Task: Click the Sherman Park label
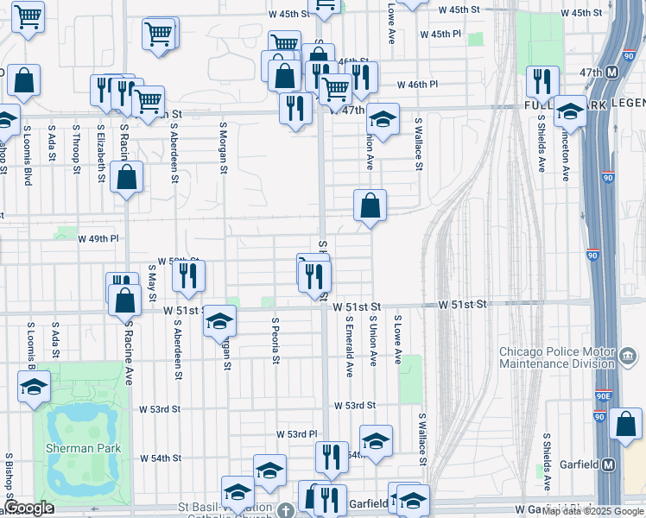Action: tap(84, 448)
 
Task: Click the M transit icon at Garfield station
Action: tap(609, 464)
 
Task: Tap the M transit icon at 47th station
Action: tap(611, 72)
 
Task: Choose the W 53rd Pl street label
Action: tap(297, 433)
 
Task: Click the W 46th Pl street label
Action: tap(418, 85)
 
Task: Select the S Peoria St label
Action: tap(275, 342)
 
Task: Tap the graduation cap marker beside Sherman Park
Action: tap(34, 387)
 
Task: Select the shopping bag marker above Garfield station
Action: tap(625, 424)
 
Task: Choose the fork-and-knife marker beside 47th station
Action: tap(542, 81)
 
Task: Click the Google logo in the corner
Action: tap(28, 508)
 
